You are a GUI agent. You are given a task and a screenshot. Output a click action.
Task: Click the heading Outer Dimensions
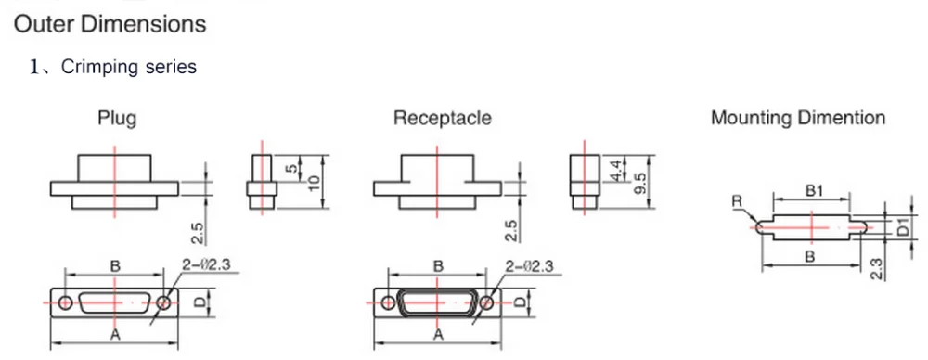click(x=110, y=24)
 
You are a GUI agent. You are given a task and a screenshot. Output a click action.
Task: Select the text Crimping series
click(x=128, y=66)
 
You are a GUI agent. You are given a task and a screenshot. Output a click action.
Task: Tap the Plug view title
click(x=117, y=119)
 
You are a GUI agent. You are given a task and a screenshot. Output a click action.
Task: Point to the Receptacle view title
click(x=442, y=118)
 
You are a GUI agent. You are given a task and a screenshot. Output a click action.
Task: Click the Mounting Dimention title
click(x=798, y=118)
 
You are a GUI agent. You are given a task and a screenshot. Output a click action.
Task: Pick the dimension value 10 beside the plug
click(x=314, y=183)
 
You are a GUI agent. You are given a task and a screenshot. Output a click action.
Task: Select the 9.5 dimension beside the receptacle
click(x=638, y=183)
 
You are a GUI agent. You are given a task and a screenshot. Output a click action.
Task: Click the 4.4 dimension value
click(x=617, y=170)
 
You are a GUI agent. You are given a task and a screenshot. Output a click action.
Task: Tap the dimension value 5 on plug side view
click(x=290, y=168)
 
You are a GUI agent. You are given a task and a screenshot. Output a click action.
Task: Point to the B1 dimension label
click(x=811, y=191)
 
